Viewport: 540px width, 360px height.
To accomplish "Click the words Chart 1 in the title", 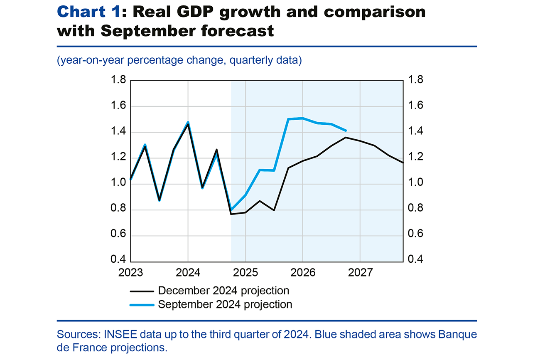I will (x=88, y=12).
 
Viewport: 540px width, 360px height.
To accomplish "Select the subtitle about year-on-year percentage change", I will (x=179, y=60).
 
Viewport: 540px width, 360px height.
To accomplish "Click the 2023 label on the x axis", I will (x=130, y=274).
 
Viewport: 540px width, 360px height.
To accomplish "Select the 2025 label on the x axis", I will (x=245, y=274).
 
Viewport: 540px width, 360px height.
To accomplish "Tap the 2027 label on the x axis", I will (x=360, y=274).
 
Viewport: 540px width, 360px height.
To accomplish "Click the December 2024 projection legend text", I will (x=223, y=290).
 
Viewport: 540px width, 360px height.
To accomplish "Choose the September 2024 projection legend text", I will (x=225, y=304).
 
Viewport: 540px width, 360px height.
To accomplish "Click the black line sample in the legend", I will (x=141, y=291).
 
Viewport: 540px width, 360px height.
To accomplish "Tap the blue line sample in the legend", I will (x=141, y=305).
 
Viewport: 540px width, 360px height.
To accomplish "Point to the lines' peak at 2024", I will (x=188, y=123).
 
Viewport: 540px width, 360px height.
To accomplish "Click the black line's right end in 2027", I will (x=402, y=162).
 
